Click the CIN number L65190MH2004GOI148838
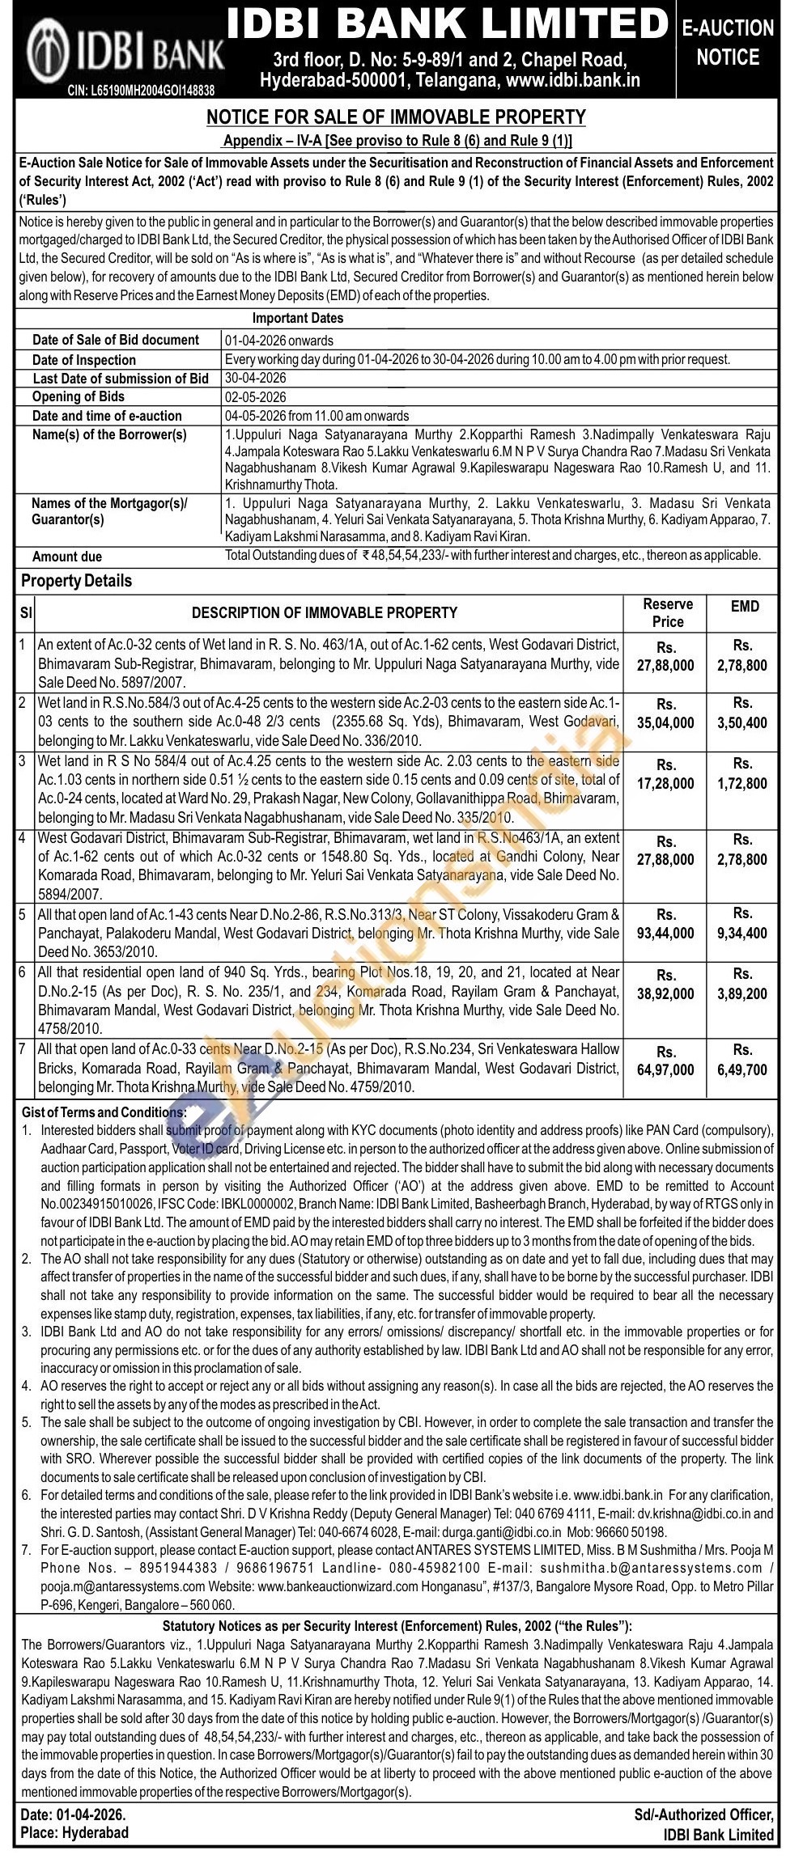(x=140, y=91)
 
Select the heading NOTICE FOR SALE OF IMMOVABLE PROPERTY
(x=396, y=118)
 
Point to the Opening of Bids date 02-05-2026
(x=255, y=397)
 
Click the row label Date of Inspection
(x=83, y=360)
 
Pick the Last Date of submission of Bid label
(x=121, y=379)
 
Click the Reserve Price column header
(x=667, y=613)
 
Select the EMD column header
(x=744, y=606)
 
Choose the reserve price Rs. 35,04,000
(x=665, y=714)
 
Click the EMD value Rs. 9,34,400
(x=742, y=924)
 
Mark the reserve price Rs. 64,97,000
(x=665, y=1061)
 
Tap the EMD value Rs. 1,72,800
(x=742, y=773)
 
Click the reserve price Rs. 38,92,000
(x=665, y=984)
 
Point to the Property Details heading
(x=76, y=581)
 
